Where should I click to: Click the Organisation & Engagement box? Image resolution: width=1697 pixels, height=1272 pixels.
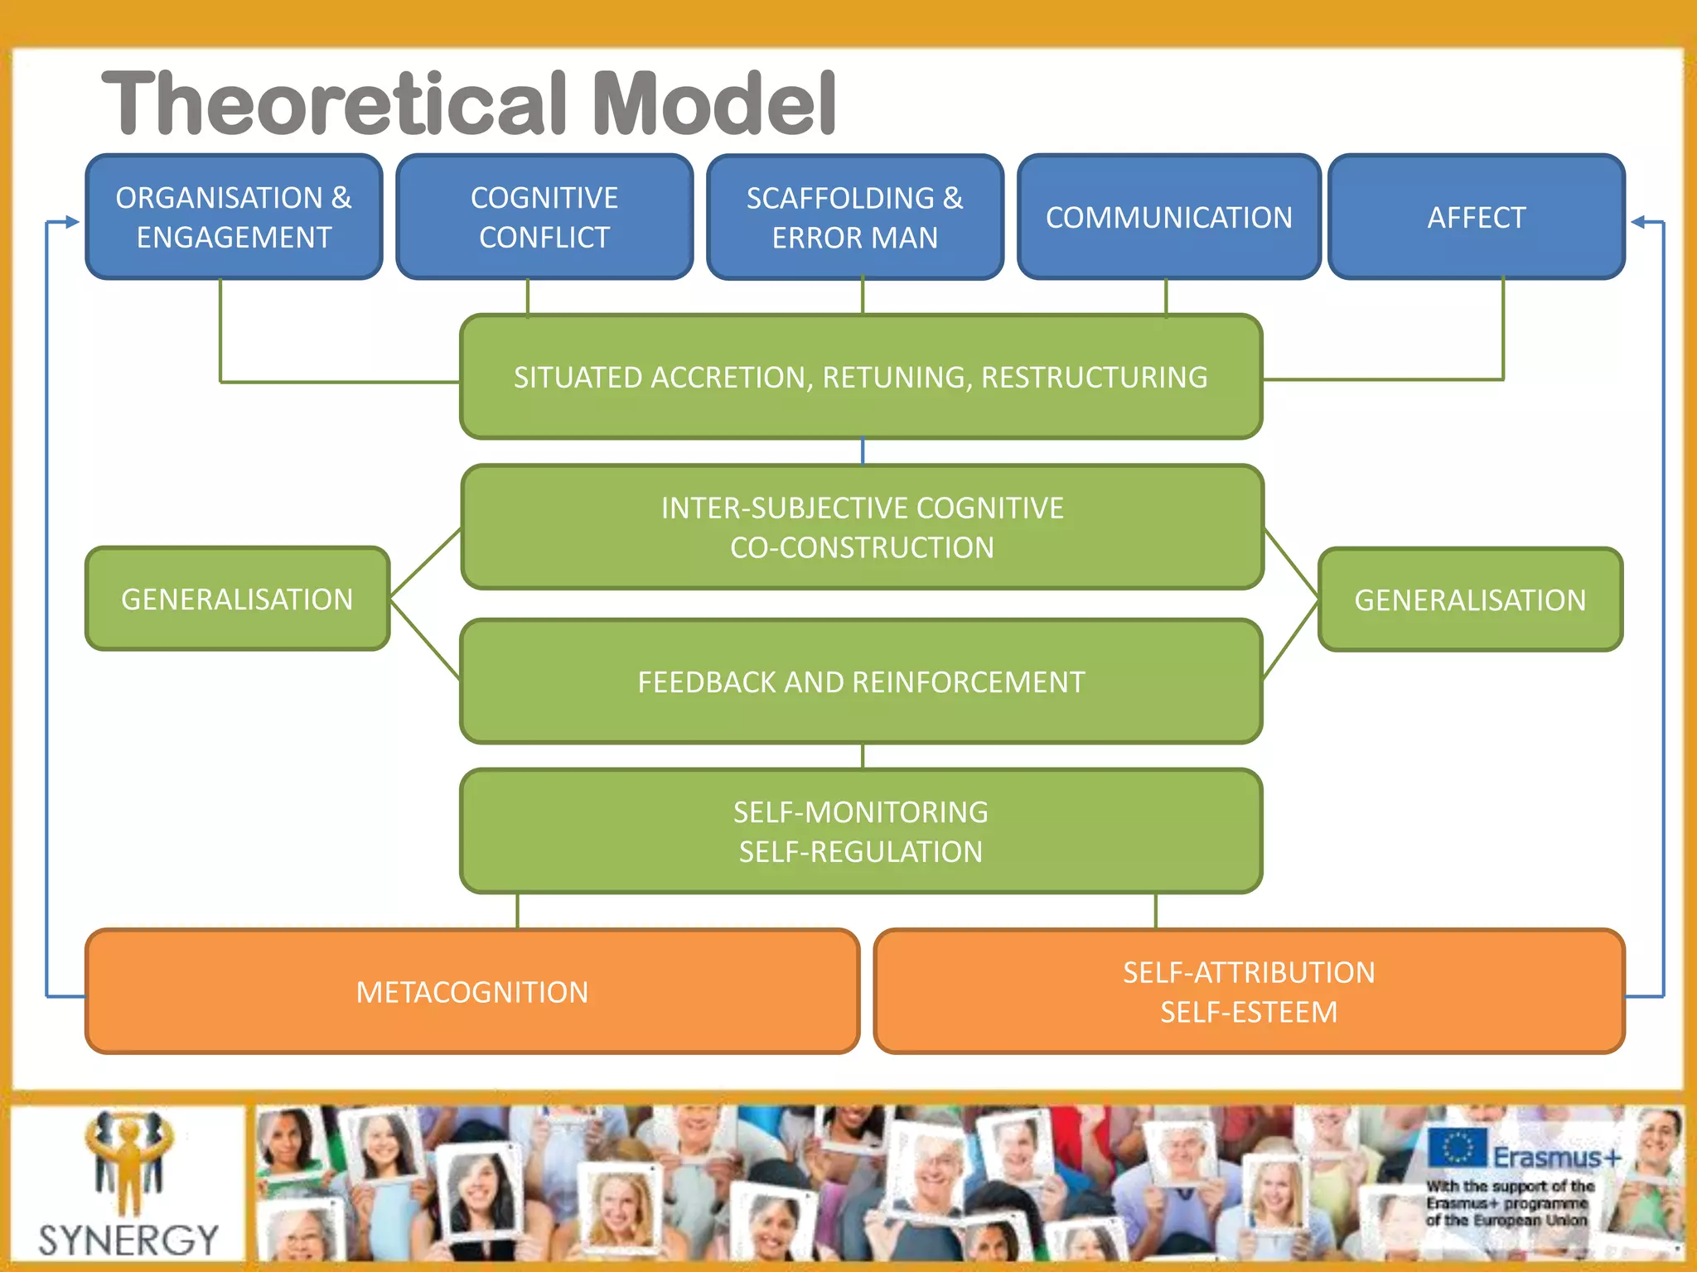234,217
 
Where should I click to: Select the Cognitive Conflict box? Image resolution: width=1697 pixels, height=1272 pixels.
544,217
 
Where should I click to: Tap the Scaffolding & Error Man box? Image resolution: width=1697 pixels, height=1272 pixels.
855,217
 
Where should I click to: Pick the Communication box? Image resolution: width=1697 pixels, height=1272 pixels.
1168,217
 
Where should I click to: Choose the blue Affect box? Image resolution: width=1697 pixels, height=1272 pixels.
1477,217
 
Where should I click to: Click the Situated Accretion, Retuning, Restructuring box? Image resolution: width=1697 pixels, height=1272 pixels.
861,377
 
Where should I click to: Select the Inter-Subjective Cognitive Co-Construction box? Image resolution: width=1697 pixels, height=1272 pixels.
862,528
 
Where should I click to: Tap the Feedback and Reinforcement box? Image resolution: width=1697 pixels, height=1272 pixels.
861,682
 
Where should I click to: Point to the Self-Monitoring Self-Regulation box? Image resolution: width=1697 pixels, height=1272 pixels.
861,831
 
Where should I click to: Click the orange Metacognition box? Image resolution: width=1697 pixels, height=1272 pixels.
472,991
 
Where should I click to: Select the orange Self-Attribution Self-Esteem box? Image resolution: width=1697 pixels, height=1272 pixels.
1249,991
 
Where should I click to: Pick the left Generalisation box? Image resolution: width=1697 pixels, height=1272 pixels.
237,599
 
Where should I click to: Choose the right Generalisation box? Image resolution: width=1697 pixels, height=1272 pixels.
1470,600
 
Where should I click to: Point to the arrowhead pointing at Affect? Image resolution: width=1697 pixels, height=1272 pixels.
1637,222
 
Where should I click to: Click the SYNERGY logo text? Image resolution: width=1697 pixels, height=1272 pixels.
128,1240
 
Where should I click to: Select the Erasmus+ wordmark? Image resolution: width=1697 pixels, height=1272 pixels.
1556,1157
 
